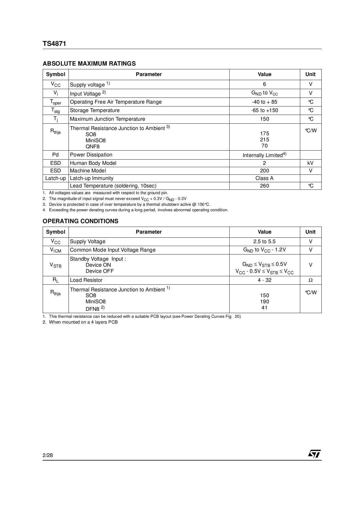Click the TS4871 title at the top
(54, 44)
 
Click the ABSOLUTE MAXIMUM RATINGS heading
(89, 64)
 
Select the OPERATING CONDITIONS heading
(80, 221)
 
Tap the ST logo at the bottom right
(314, 454)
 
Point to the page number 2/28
(48, 455)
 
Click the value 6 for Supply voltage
(264, 84)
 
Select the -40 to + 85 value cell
(264, 102)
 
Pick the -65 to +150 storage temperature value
(264, 110)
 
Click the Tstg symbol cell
(55, 111)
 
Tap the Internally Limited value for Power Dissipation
(264, 155)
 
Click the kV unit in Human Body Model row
(310, 163)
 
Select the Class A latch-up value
(264, 178)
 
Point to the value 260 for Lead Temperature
(264, 186)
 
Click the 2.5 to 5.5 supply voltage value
(264, 241)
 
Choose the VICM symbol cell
(55, 250)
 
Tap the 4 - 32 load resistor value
(264, 280)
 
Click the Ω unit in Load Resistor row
(310, 280)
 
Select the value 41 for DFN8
(264, 308)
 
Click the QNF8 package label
(92, 147)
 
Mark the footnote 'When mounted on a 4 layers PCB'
(83, 322)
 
